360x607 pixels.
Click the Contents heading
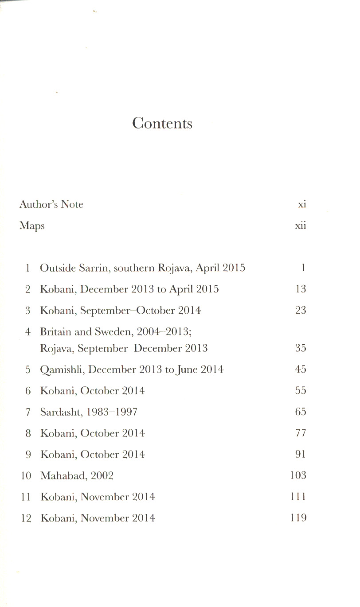tap(162, 123)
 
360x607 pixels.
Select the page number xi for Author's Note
tap(302, 204)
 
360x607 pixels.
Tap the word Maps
tap(32, 226)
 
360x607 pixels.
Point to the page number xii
tap(301, 226)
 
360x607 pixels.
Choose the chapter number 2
tap(27, 289)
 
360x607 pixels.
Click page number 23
tap(301, 310)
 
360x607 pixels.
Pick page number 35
tap(301, 348)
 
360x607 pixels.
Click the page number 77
tap(301, 433)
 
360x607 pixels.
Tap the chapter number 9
tap(27, 455)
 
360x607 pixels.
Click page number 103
tap(298, 475)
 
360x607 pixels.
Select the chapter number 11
tap(26, 497)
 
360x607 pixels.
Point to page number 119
tap(298, 518)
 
